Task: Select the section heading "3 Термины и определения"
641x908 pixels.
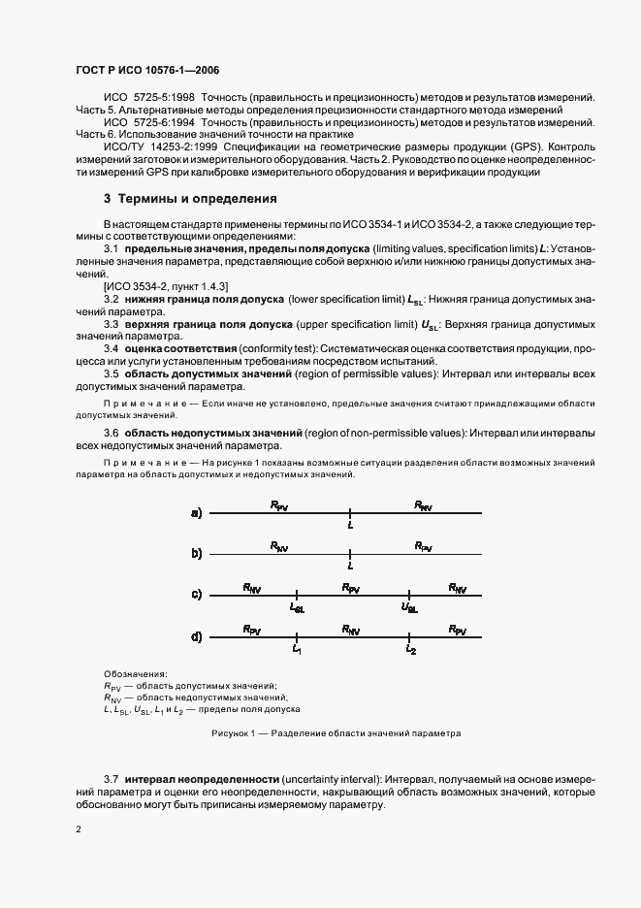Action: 190,199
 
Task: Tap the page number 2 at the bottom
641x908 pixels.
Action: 80,829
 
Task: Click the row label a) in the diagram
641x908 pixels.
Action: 197,513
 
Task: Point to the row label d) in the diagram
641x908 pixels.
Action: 197,636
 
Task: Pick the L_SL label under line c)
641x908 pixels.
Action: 297,607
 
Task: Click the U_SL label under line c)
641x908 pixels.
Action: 409,607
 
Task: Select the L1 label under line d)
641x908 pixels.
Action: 298,649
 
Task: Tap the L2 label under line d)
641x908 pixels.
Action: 411,649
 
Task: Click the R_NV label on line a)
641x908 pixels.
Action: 424,505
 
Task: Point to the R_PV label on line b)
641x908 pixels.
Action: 424,546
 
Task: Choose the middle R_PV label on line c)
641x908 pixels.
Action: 351,588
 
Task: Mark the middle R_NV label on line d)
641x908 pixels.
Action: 351,629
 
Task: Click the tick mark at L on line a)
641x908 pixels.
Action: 350,513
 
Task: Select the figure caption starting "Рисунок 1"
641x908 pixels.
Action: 336,733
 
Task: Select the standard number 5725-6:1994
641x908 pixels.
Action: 168,123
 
